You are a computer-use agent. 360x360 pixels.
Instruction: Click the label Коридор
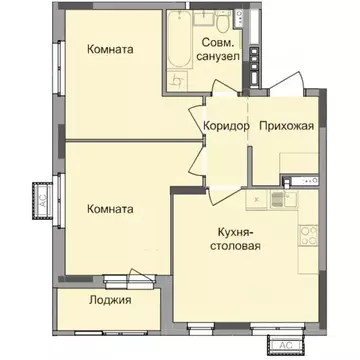point(226,125)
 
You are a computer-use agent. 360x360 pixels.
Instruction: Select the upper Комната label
point(111,49)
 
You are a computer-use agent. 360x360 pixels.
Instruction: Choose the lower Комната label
point(111,209)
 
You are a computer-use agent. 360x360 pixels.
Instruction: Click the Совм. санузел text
point(220,50)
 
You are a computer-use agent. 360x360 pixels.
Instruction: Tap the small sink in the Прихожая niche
point(298,181)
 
